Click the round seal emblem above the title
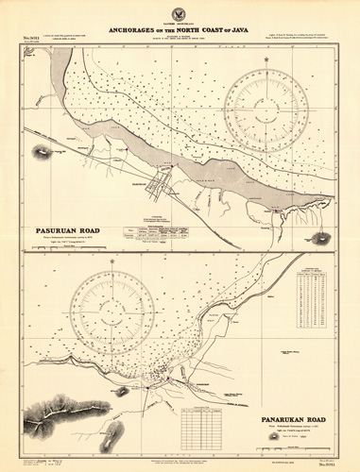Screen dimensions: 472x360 click(x=180, y=12)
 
